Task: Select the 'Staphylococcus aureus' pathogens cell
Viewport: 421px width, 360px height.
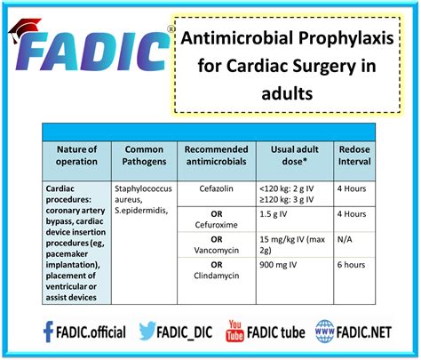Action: click(x=144, y=195)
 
